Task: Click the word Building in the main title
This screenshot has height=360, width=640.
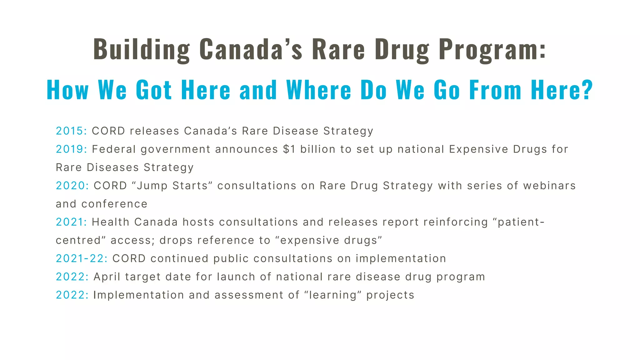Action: coord(142,49)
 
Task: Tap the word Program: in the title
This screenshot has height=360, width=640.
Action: coord(492,49)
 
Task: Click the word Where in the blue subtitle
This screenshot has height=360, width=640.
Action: coord(319,90)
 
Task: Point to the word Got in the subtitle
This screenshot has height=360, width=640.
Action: coord(154,90)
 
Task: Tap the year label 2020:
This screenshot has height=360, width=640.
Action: coord(72,186)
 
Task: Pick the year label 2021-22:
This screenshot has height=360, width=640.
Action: coord(82,258)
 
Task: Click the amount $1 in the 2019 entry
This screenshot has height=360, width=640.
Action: coord(289,149)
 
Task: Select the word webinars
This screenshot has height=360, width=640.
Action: coord(549,186)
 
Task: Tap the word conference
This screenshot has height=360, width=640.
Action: coord(114,204)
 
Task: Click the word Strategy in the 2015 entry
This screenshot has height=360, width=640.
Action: coord(348,131)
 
